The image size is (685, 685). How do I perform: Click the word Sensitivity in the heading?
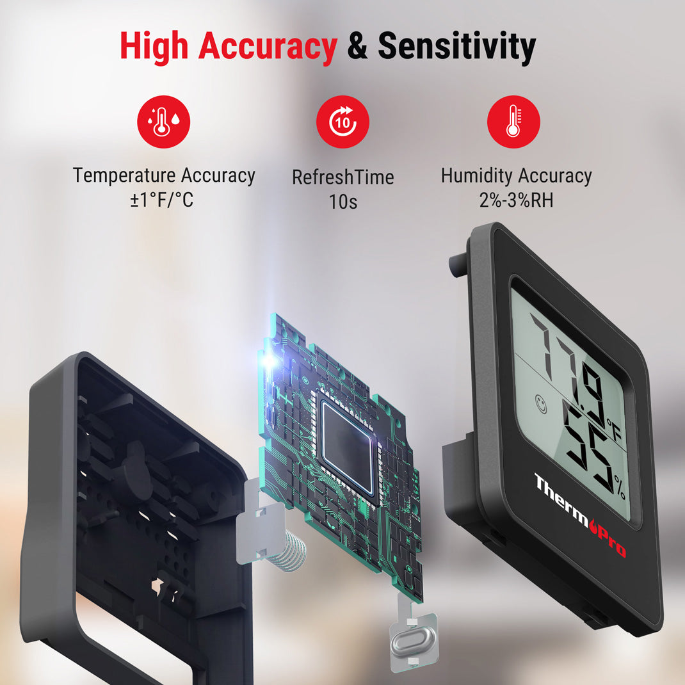[456, 46]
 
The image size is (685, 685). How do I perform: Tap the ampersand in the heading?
[357, 47]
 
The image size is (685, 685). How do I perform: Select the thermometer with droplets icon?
[164, 122]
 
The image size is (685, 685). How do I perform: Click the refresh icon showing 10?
[342, 122]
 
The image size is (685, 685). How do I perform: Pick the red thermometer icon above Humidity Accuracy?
[513, 122]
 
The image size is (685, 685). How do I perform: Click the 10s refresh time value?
[342, 202]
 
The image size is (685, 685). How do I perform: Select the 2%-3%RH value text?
[516, 200]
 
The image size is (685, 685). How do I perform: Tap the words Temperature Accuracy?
[164, 175]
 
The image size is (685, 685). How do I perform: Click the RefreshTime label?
[342, 177]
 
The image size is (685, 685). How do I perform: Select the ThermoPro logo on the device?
[579, 514]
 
